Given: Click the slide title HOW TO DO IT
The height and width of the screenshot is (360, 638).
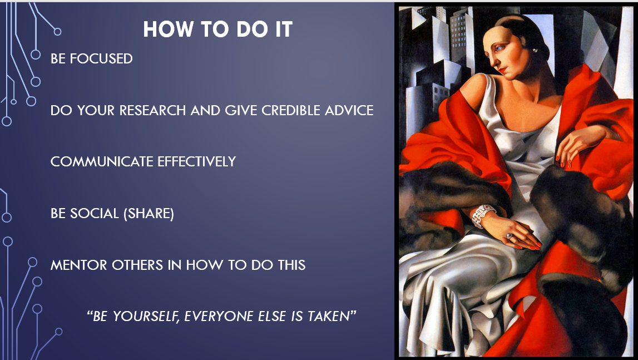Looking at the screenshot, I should (x=217, y=29).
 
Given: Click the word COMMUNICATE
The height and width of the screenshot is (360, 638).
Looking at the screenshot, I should (x=102, y=161).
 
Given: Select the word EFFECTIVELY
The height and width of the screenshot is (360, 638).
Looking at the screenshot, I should (x=197, y=161).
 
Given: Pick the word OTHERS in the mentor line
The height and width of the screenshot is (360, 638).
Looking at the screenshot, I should (x=137, y=264).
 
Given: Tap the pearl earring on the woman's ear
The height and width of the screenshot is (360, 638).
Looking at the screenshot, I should (x=534, y=51).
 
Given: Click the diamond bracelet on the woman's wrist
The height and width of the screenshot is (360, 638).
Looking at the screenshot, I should (x=482, y=216).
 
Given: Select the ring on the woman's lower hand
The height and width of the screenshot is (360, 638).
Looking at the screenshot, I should (x=510, y=236).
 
